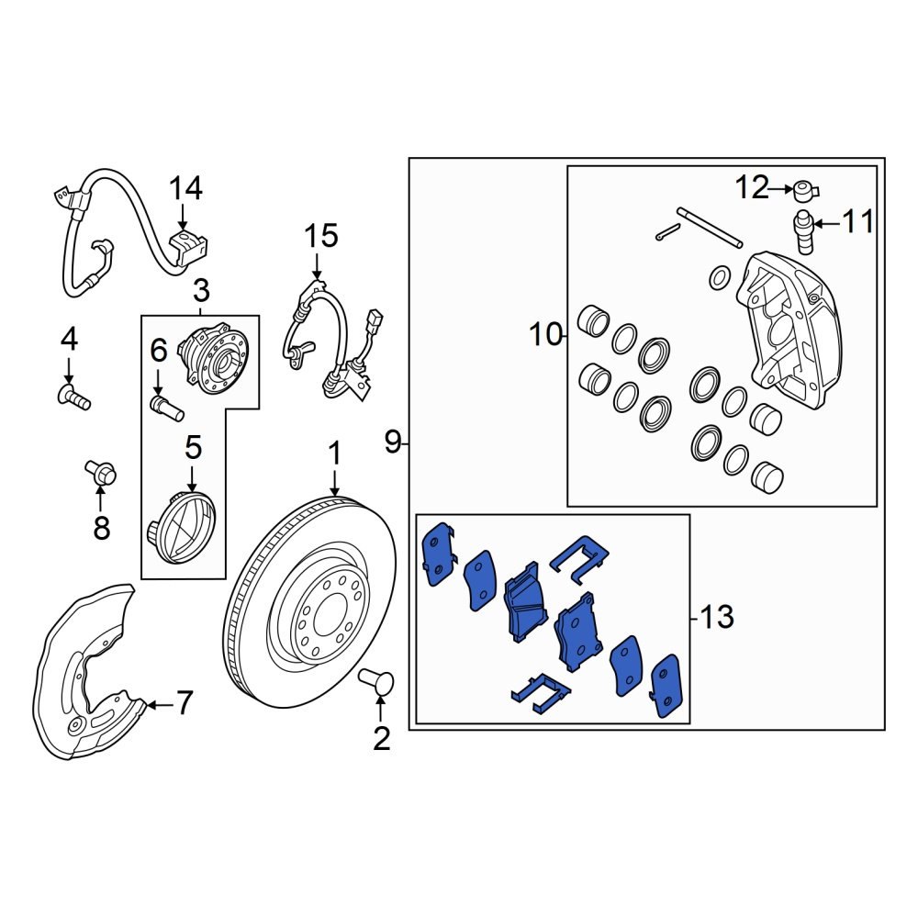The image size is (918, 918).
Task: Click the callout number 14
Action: point(185,189)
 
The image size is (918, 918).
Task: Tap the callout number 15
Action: point(322,236)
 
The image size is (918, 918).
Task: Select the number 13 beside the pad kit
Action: point(716,617)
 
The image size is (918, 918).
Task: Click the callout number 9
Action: point(393,444)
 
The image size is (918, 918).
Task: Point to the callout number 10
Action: point(545,335)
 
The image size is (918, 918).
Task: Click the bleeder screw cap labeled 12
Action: point(806,191)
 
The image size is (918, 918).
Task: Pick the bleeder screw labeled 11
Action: point(804,231)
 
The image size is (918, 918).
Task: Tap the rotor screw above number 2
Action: point(379,683)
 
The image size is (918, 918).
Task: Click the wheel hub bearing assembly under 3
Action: point(212,361)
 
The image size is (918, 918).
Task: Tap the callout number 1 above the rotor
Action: point(335,454)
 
